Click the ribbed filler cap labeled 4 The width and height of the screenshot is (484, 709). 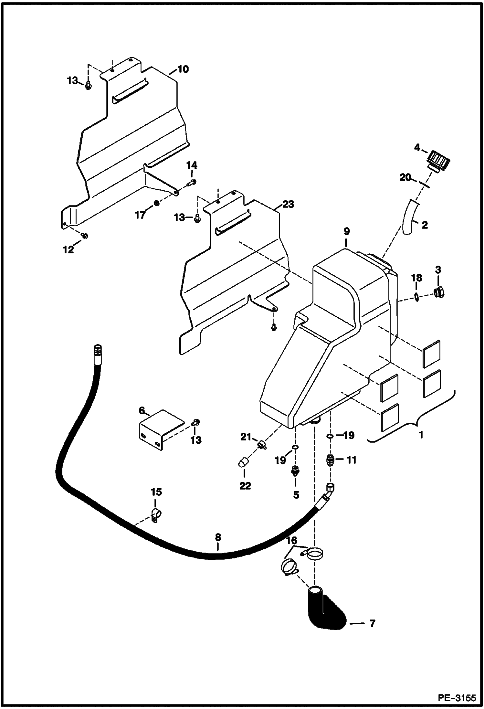[439, 161]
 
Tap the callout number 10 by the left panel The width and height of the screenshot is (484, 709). [183, 69]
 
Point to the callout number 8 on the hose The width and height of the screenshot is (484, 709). [218, 537]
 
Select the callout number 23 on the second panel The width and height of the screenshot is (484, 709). [288, 204]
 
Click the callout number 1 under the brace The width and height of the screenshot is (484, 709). [421, 435]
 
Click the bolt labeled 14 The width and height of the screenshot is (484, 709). [191, 184]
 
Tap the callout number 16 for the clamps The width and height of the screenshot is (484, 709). [291, 540]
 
